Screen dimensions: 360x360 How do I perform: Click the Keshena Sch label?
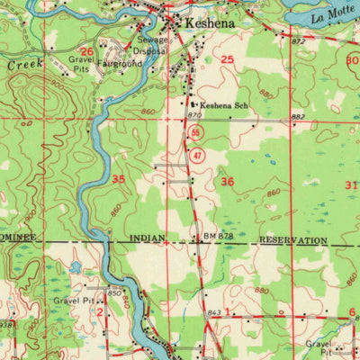(x=223, y=104)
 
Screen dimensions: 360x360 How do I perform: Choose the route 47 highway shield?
(x=196, y=155)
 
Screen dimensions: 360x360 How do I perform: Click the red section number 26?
(x=86, y=52)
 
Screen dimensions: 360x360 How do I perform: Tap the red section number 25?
(x=228, y=59)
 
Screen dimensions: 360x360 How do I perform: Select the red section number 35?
(x=119, y=179)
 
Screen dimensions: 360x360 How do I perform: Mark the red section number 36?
(x=228, y=182)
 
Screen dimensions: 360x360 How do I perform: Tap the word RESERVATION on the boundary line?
(x=292, y=241)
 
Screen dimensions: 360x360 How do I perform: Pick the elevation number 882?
(x=298, y=117)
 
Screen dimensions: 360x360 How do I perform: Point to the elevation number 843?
(x=213, y=312)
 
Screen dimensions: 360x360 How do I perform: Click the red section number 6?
(x=352, y=310)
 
